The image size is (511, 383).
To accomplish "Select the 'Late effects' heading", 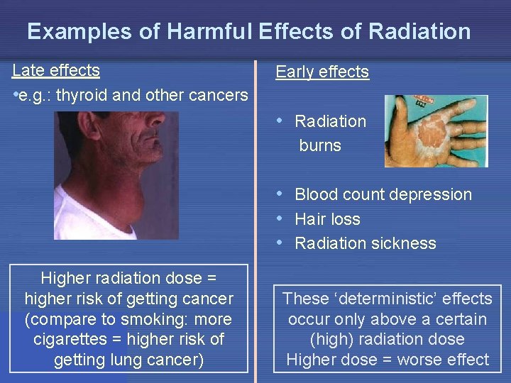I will click(56, 70).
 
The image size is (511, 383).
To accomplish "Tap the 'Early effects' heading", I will click(322, 72).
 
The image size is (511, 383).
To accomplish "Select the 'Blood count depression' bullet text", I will click(383, 194).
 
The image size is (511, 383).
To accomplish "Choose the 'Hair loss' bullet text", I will click(327, 219).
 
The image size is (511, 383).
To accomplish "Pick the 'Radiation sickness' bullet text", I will click(365, 243).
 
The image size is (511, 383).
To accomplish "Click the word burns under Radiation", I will click(320, 146).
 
